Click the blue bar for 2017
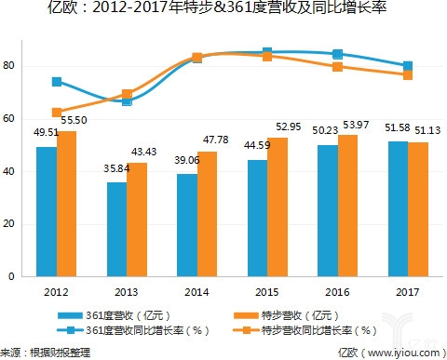397,208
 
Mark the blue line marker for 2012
57,82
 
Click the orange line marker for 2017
408,74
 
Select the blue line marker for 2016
337,55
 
